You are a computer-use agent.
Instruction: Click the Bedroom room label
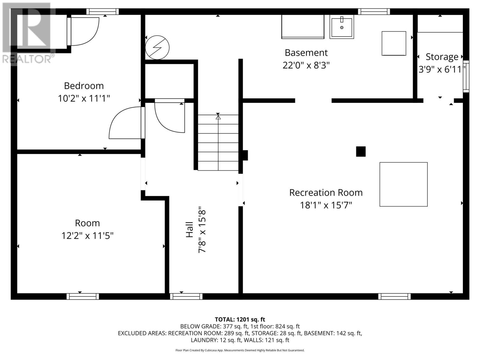(x=84, y=86)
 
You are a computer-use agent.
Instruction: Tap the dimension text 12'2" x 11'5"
(x=87, y=236)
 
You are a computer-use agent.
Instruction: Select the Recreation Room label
(x=326, y=193)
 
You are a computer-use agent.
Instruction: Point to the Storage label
(x=442, y=57)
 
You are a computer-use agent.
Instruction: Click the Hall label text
(x=190, y=229)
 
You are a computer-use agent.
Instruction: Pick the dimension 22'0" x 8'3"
(x=306, y=65)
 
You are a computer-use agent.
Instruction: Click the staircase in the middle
(x=218, y=142)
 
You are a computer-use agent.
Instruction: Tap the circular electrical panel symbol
(x=157, y=47)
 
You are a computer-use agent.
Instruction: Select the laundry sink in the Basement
(x=342, y=27)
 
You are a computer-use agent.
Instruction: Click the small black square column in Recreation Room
(x=361, y=151)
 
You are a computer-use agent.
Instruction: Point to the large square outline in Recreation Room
(x=403, y=184)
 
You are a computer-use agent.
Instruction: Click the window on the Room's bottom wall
(x=83, y=296)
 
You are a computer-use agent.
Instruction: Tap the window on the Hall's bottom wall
(x=186, y=296)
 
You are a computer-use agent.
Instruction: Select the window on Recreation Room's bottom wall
(x=394, y=296)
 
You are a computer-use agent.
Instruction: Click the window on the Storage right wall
(x=466, y=76)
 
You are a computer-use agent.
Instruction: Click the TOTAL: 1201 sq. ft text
(x=240, y=319)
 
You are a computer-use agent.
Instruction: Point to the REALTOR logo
(x=28, y=33)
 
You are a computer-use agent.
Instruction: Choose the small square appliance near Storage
(x=394, y=43)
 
